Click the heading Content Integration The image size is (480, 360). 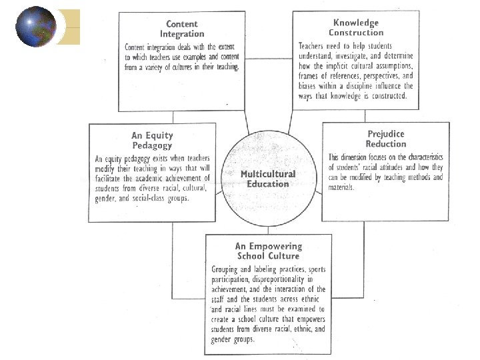[x=182, y=28]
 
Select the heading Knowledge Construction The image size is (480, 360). [x=356, y=27]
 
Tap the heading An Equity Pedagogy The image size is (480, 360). [x=151, y=140]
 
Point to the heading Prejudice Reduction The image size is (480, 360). [x=385, y=139]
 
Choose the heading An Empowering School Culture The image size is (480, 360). [x=268, y=251]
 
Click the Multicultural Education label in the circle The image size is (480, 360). [x=267, y=179]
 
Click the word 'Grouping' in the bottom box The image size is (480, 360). [x=221, y=270]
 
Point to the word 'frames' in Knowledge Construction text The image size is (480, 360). [x=312, y=77]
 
